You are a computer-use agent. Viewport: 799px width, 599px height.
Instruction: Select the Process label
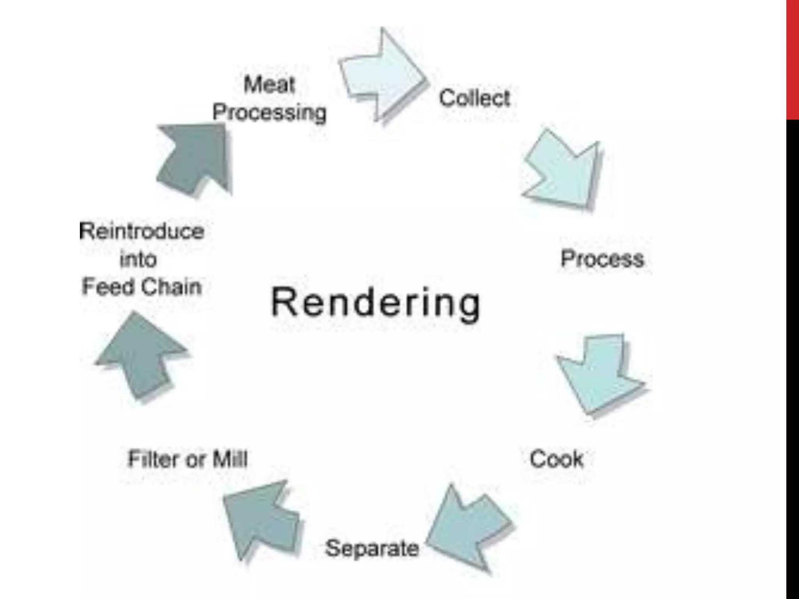(602, 259)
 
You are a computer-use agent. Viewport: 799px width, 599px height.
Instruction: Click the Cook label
(556, 459)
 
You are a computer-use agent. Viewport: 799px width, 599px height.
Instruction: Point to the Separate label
(372, 548)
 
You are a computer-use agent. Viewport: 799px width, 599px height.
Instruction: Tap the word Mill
(230, 459)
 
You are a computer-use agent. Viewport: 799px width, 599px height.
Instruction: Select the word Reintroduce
(142, 231)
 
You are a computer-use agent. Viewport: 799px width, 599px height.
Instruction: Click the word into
(138, 259)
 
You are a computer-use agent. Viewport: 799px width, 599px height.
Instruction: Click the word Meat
(269, 84)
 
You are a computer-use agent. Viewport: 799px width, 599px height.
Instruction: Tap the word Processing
(269, 112)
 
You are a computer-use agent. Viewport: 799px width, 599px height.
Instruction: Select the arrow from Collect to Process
(564, 170)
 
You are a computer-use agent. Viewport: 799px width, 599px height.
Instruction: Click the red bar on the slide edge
(792, 58)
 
